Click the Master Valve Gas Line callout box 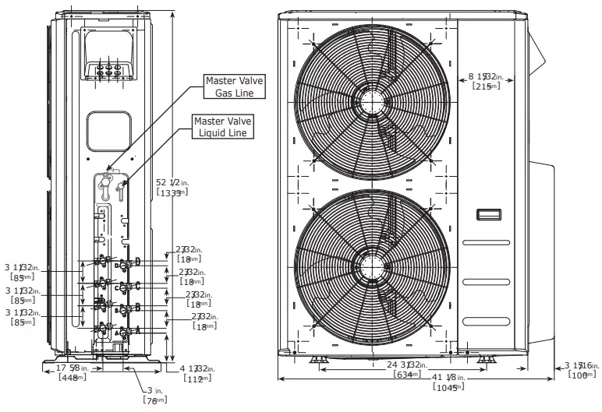click(234, 86)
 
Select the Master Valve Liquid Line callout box click(221, 127)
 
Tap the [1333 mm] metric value click(172, 192)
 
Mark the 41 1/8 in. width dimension click(441, 377)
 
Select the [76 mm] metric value click(154, 400)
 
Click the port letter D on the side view click(137, 261)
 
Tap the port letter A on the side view click(137, 330)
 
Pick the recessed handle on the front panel click(489, 214)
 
